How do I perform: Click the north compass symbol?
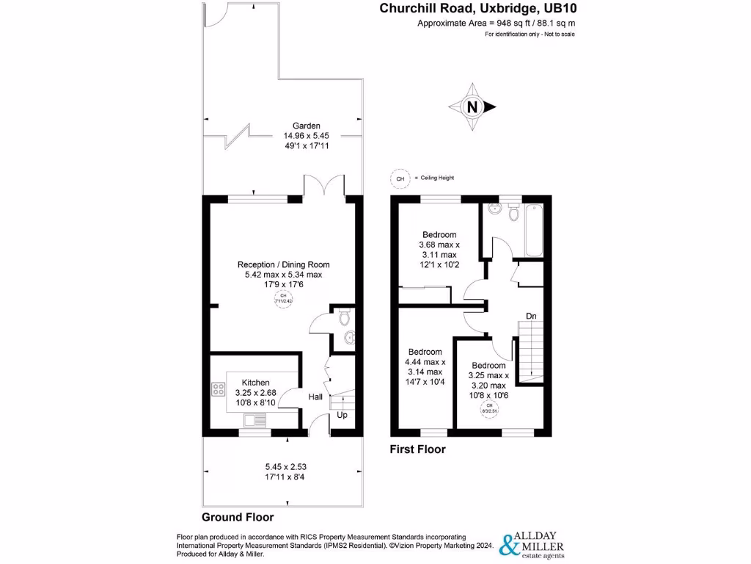(x=472, y=107)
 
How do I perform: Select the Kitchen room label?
(x=256, y=383)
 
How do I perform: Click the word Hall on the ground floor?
(x=315, y=397)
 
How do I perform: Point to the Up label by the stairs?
(x=342, y=416)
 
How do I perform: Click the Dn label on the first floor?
(x=531, y=317)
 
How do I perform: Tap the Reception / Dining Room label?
(x=283, y=264)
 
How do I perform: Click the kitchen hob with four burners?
(x=218, y=389)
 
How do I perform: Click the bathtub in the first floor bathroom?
(x=531, y=229)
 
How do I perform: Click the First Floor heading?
(x=418, y=449)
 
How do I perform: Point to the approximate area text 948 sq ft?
(x=496, y=23)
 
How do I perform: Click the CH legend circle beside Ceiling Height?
(x=400, y=178)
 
